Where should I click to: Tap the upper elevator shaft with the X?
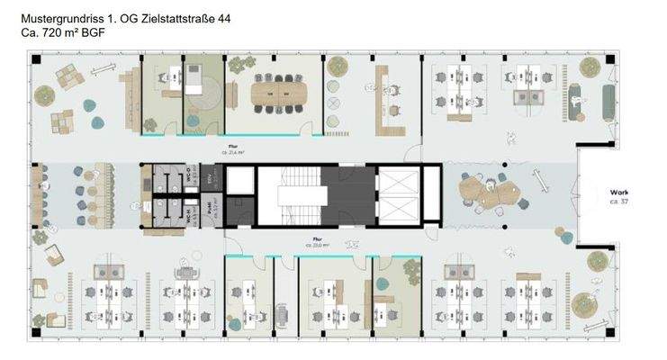[x=397, y=183]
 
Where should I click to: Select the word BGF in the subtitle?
[x=93, y=31]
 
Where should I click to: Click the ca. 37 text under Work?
[x=619, y=202]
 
